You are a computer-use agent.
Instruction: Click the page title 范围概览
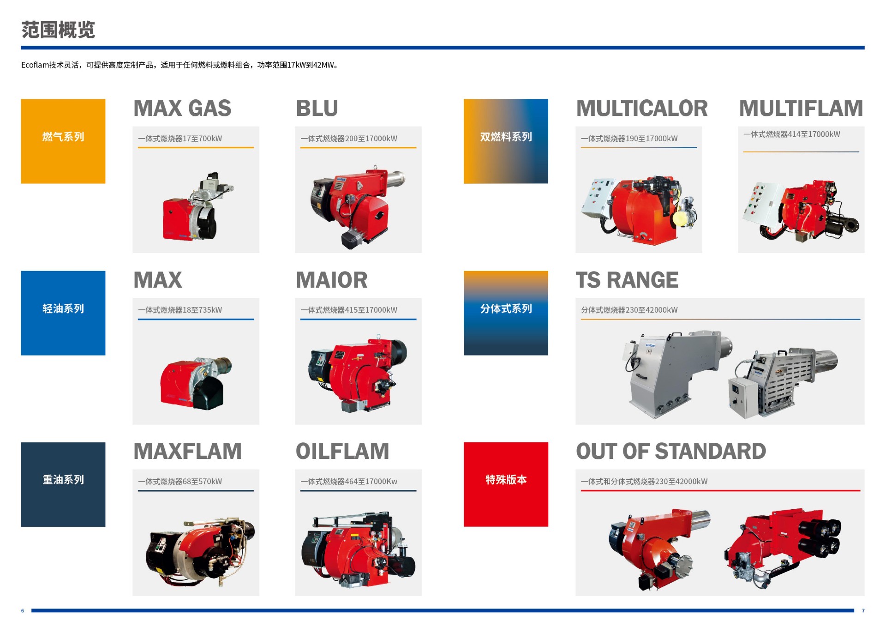point(58,30)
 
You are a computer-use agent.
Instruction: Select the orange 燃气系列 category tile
point(63,141)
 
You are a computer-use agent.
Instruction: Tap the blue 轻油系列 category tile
point(63,313)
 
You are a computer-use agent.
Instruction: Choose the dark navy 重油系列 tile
point(63,484)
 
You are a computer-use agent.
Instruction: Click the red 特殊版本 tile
point(506,484)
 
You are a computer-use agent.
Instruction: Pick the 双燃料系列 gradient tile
point(506,141)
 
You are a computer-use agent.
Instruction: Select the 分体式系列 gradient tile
point(506,313)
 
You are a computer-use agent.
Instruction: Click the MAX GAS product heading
point(182,109)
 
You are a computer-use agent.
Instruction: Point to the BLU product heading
point(317,109)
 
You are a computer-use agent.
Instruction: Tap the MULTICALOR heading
point(642,109)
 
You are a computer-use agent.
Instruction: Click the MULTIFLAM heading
point(801,109)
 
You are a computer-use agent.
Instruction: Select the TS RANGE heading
point(627,280)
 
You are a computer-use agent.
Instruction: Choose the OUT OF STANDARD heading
point(671,452)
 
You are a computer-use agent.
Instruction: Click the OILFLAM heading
point(342,452)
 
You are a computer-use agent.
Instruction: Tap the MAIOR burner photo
point(358,372)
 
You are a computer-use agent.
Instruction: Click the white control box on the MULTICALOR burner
point(598,198)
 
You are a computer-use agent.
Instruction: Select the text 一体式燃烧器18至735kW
point(180,310)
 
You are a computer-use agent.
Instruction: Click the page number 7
point(863,611)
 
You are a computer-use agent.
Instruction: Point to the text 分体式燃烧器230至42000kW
point(629,310)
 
